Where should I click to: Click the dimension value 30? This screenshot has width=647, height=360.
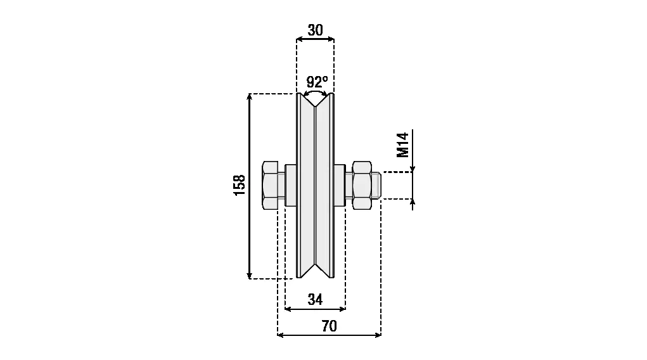pos(315,30)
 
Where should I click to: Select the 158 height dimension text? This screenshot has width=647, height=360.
pos(240,185)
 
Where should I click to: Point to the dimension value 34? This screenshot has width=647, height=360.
pos(315,299)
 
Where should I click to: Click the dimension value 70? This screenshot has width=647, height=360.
pos(330,326)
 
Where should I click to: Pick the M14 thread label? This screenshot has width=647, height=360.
pos(402,145)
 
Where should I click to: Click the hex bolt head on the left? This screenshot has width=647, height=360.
pos(270,185)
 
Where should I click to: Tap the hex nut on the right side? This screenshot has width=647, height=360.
pos(362,185)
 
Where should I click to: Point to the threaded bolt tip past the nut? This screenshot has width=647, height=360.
pos(376,185)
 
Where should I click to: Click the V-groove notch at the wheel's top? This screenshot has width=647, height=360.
pos(315,100)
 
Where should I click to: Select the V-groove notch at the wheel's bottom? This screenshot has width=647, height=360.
pos(315,271)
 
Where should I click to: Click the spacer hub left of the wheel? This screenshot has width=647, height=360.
pos(291,185)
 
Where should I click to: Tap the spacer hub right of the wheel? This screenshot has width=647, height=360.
pos(340,185)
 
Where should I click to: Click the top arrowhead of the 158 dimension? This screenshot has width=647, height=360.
pos(249,96)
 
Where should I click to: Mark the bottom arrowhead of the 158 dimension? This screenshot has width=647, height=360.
pos(249,276)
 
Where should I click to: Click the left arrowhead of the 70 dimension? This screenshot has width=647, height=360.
pos(281,335)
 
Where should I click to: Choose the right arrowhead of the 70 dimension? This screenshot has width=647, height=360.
pos(378,335)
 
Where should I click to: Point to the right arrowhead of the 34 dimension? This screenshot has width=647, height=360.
pos(342,309)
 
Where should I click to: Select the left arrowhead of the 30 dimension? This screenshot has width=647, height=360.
pos(300,39)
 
